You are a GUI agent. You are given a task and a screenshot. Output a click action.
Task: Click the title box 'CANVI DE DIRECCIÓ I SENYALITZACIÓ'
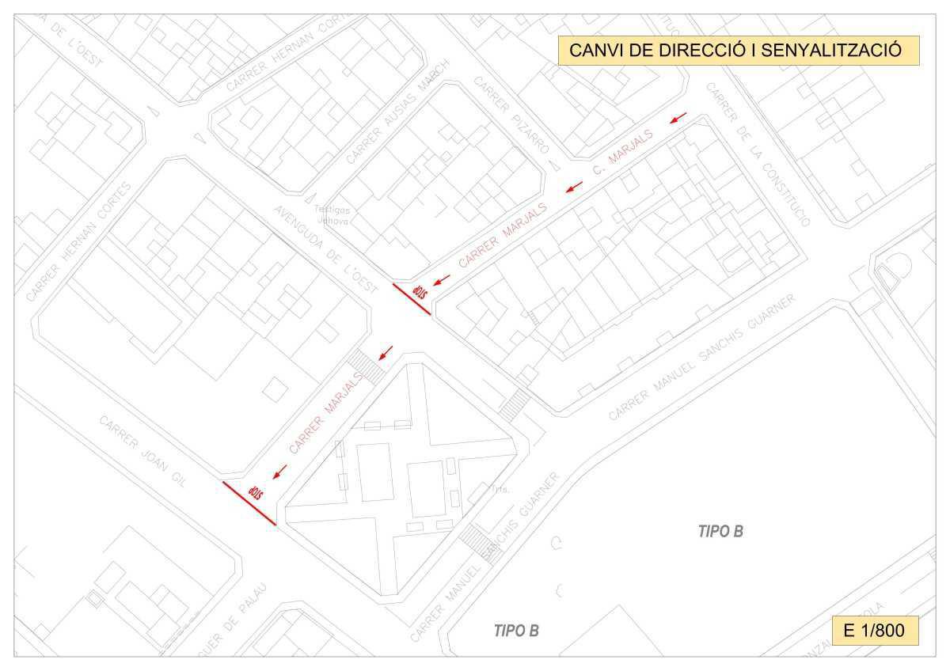click(738, 50)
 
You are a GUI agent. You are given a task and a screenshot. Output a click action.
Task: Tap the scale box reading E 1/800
click(875, 631)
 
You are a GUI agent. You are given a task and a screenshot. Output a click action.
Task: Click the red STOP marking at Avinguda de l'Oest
click(419, 291)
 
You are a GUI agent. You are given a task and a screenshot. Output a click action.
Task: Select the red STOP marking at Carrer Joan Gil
click(255, 492)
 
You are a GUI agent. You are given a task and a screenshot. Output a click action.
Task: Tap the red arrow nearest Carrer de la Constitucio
click(678, 119)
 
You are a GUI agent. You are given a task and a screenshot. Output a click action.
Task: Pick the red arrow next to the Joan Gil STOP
click(279, 472)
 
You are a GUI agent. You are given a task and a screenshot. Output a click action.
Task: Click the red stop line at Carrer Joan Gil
click(249, 503)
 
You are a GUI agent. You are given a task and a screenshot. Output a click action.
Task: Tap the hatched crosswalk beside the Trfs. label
click(477, 541)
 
